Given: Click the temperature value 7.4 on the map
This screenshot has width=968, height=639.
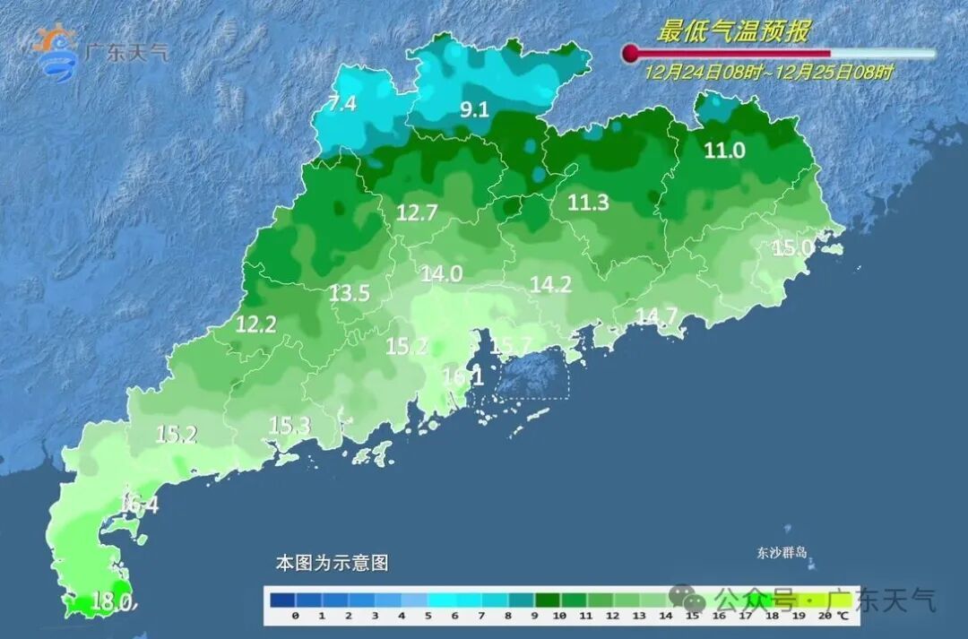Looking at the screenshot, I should [x=341, y=103].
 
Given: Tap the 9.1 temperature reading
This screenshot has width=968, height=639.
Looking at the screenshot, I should [x=474, y=110].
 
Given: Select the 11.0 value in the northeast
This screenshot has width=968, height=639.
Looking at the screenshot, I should [x=724, y=151].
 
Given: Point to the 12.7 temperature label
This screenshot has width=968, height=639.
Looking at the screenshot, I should [x=417, y=213].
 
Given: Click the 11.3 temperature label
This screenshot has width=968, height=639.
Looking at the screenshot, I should [x=588, y=203].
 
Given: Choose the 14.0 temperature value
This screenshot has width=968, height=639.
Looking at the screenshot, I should [x=441, y=274].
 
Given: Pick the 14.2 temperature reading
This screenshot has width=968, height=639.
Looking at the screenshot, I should [x=550, y=285].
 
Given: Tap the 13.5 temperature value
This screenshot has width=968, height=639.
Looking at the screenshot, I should [x=350, y=293].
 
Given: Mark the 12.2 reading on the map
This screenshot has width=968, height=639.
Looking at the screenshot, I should [x=255, y=325].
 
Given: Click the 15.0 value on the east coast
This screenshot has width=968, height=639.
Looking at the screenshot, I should [x=793, y=247].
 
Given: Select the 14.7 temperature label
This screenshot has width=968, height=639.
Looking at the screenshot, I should [x=656, y=315].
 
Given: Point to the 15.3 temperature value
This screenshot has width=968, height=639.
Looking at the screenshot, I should [x=289, y=427].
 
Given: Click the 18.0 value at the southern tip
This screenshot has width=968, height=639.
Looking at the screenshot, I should [x=113, y=602].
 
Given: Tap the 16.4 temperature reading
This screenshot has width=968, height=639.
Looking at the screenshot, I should [x=139, y=505].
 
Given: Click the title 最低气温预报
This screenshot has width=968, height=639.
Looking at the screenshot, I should [x=733, y=32].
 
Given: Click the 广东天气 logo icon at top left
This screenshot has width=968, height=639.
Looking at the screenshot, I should [x=56, y=50].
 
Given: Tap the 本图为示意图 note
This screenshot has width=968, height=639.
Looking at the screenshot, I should [x=332, y=564].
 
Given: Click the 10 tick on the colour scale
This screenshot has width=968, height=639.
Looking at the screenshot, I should [x=558, y=616].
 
